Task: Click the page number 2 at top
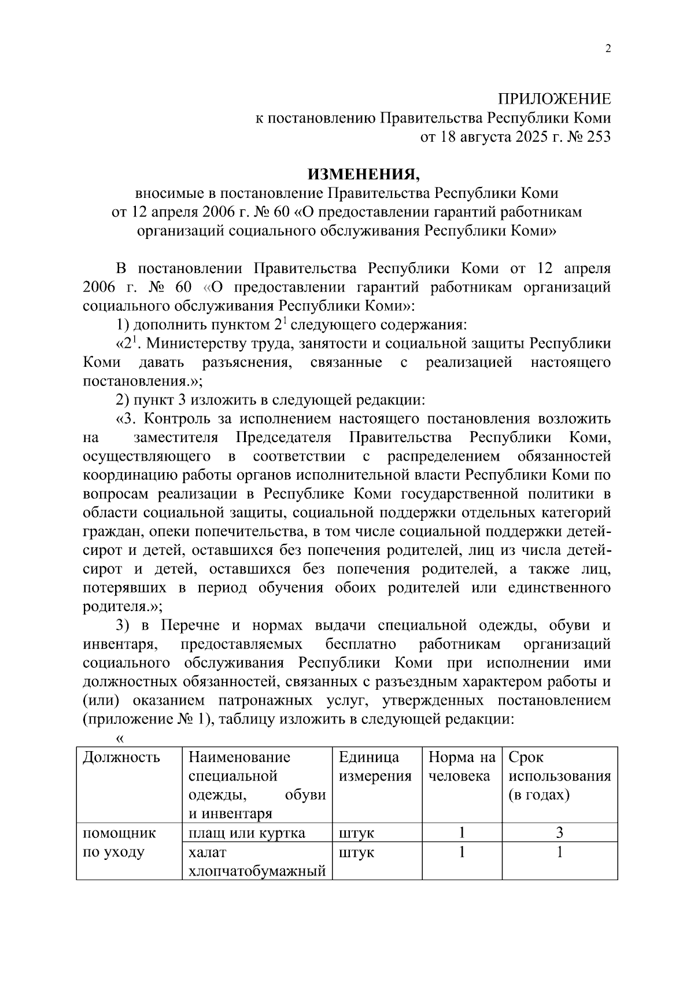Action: [607, 49]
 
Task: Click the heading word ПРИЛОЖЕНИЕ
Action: [555, 99]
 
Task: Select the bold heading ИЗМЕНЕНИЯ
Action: [363, 174]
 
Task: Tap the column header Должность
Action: [121, 757]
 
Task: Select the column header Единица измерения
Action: [375, 766]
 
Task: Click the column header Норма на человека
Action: [462, 766]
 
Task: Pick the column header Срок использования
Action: [559, 775]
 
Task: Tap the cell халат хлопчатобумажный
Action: [257, 862]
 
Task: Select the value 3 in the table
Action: [559, 833]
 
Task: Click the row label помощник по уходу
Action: [120, 843]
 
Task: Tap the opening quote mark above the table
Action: [120, 738]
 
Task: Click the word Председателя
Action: [283, 437]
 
